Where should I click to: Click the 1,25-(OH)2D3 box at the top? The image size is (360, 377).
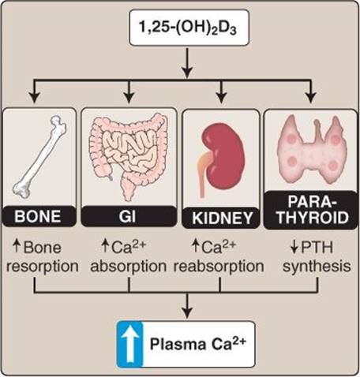pos(189,28)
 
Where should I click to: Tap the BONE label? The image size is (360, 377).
pos(38,217)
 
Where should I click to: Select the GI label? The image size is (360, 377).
pos(127,217)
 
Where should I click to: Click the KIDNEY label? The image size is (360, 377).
pos(223,218)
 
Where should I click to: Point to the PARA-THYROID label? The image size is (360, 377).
pos(313,210)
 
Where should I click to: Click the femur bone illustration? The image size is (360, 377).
pos(39,157)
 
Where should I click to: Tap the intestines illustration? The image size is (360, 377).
pos(128,155)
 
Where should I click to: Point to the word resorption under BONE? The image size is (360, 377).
pos(43,267)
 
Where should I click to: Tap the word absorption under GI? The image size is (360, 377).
pos(129,266)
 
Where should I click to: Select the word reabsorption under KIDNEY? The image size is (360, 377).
pos(219,266)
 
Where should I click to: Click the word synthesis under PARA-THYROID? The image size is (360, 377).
pos(317,267)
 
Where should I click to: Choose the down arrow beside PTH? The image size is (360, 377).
pos(294,248)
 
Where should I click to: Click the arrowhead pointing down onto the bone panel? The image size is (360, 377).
pos(35,98)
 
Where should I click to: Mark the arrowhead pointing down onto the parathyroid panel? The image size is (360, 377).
pos(312,98)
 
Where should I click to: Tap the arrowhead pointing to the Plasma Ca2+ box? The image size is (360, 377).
pos(187,313)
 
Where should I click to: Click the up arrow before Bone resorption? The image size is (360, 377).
pos(17,246)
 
